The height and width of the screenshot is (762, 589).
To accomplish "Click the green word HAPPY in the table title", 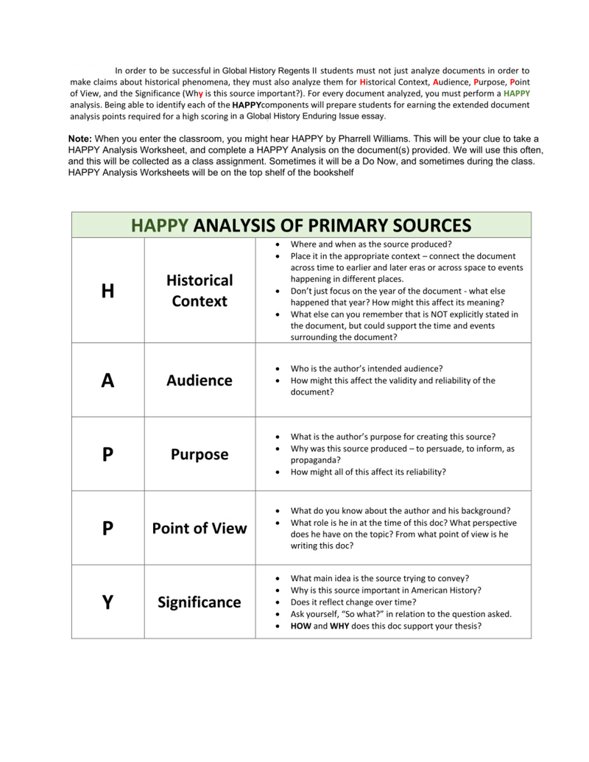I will click(x=160, y=225).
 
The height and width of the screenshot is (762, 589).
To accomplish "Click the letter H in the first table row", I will click(x=107, y=292).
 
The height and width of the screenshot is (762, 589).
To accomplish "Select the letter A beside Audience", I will click(x=107, y=381).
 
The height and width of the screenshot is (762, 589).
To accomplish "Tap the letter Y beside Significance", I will click(x=107, y=603).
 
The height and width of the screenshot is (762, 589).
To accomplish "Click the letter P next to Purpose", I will click(x=107, y=455).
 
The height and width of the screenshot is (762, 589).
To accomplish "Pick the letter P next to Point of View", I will click(x=107, y=529).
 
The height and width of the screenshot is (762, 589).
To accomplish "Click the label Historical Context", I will click(x=200, y=291).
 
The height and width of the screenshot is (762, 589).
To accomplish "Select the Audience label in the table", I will click(x=200, y=381).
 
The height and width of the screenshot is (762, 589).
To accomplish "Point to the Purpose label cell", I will click(x=200, y=455).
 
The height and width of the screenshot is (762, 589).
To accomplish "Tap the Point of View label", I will click(x=200, y=529).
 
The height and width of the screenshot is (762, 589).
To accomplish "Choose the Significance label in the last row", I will click(x=200, y=603).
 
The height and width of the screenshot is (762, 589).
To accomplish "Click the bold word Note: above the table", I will click(x=80, y=138).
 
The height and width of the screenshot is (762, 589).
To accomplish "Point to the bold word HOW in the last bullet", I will click(x=301, y=627).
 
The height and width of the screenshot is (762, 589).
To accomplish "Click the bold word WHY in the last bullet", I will click(x=339, y=627).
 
